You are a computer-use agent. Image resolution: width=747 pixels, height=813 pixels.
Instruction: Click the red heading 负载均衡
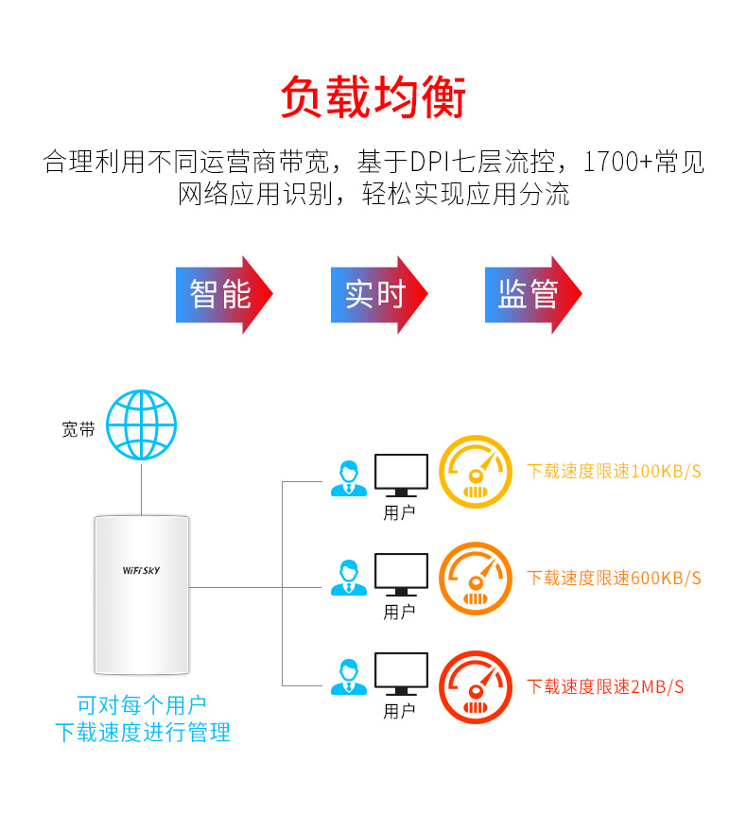373,97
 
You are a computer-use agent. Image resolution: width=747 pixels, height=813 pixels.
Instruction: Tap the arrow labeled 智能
222,294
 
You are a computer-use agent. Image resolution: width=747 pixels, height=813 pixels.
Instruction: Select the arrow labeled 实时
376,294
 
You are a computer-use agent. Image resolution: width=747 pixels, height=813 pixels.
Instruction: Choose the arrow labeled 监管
530,294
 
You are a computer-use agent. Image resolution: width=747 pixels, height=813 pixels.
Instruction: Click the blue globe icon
142,427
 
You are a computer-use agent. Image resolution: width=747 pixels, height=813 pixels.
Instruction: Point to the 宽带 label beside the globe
78,429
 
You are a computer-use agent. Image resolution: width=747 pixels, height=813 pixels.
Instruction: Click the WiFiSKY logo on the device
141,570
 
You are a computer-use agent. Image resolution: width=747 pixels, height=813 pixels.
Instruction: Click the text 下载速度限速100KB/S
614,471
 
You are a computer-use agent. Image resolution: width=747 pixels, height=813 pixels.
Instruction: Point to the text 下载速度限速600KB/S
614,578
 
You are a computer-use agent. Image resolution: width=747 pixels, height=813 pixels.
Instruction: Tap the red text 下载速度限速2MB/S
605,686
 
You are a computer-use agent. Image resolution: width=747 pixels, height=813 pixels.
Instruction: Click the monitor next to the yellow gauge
401,475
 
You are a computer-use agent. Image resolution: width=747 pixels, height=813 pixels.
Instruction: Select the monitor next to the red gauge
401,676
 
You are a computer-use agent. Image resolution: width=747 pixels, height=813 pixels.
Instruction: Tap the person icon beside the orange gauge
348,578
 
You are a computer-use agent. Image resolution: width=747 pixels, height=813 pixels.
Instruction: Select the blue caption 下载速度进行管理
142,732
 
